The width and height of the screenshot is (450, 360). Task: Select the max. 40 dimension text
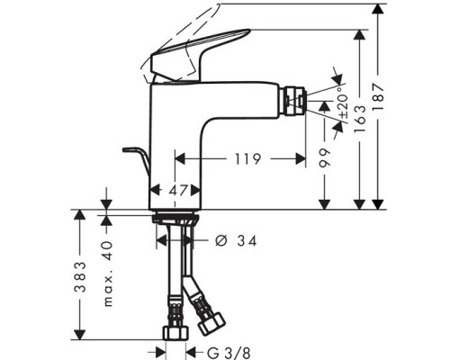(107, 269)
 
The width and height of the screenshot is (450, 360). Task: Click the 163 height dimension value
(358, 117)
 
